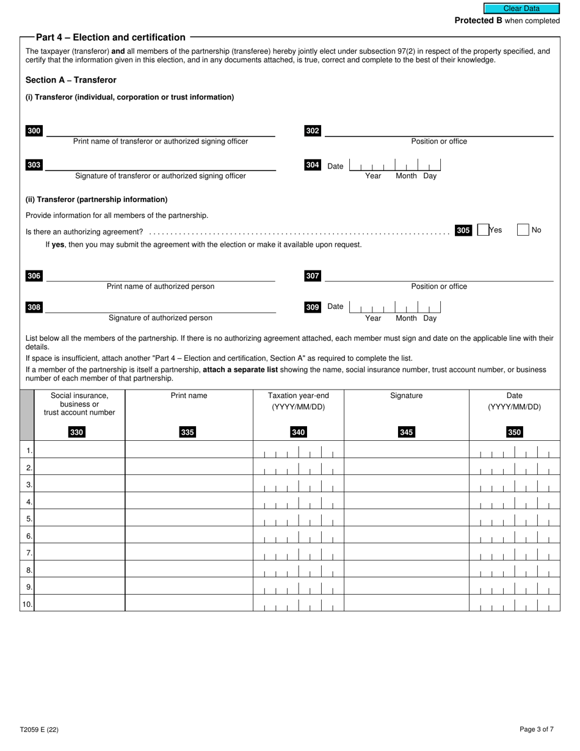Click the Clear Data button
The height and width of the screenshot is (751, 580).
click(x=521, y=9)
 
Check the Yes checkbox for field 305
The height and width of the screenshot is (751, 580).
click(x=483, y=230)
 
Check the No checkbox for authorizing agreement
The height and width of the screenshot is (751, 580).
click(x=523, y=230)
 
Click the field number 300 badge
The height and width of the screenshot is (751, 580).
click(x=34, y=131)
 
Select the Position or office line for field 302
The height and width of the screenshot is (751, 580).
click(x=438, y=131)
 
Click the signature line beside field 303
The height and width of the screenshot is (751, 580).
click(x=160, y=165)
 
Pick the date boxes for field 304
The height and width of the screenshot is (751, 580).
click(x=395, y=165)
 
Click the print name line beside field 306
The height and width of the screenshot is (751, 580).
click(x=160, y=276)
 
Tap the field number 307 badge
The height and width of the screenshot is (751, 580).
click(x=313, y=276)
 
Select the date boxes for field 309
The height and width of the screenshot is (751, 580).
click(x=395, y=307)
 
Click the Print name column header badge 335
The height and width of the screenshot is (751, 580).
click(x=187, y=432)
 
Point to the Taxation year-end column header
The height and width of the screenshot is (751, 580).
click(x=298, y=401)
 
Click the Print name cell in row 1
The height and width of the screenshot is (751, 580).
click(x=189, y=450)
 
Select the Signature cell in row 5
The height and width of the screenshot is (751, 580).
click(x=406, y=518)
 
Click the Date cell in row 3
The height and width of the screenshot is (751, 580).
click(x=514, y=484)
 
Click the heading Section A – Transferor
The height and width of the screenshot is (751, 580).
click(x=71, y=80)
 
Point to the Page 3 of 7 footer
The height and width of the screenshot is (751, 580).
click(x=537, y=729)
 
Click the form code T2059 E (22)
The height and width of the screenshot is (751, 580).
click(x=39, y=729)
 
